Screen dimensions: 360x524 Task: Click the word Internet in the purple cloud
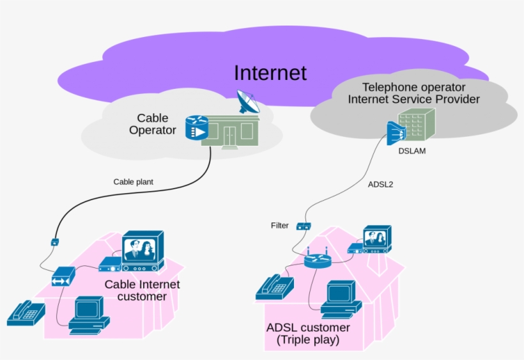point(270,72)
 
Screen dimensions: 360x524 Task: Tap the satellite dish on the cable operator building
point(248,102)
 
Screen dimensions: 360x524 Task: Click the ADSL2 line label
point(381,185)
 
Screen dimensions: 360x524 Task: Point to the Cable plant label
point(134,182)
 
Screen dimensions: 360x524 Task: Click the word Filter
point(280,226)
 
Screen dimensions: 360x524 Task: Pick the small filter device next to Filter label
point(304,226)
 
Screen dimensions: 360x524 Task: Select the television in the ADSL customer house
point(377,239)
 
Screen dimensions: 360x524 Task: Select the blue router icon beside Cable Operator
point(196,127)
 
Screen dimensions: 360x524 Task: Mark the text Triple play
point(308,340)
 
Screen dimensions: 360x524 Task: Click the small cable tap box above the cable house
point(54,242)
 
